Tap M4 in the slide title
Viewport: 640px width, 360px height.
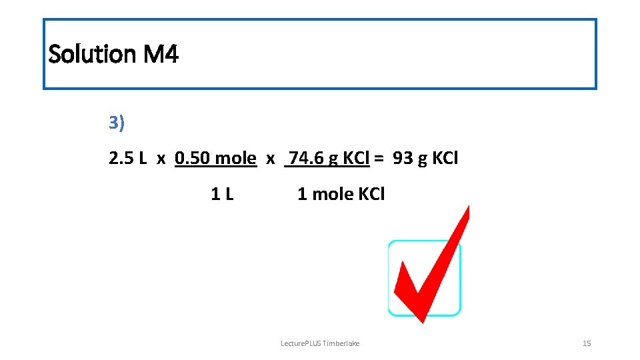point(161,53)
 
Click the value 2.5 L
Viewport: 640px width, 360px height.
point(128,159)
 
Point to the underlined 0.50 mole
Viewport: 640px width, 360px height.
point(215,159)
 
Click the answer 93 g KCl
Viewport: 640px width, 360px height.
point(425,159)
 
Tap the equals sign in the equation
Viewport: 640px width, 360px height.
point(379,159)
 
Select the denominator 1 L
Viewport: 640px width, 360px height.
point(222,195)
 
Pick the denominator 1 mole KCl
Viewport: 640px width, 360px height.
point(341,195)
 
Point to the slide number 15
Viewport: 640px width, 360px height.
point(587,343)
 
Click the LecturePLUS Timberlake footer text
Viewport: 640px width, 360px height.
point(320,343)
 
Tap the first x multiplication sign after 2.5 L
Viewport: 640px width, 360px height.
point(161,160)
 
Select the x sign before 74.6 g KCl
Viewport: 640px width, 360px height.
point(270,160)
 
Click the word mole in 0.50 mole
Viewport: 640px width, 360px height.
point(236,159)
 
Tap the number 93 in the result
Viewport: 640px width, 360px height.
point(403,159)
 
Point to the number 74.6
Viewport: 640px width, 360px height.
point(305,159)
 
